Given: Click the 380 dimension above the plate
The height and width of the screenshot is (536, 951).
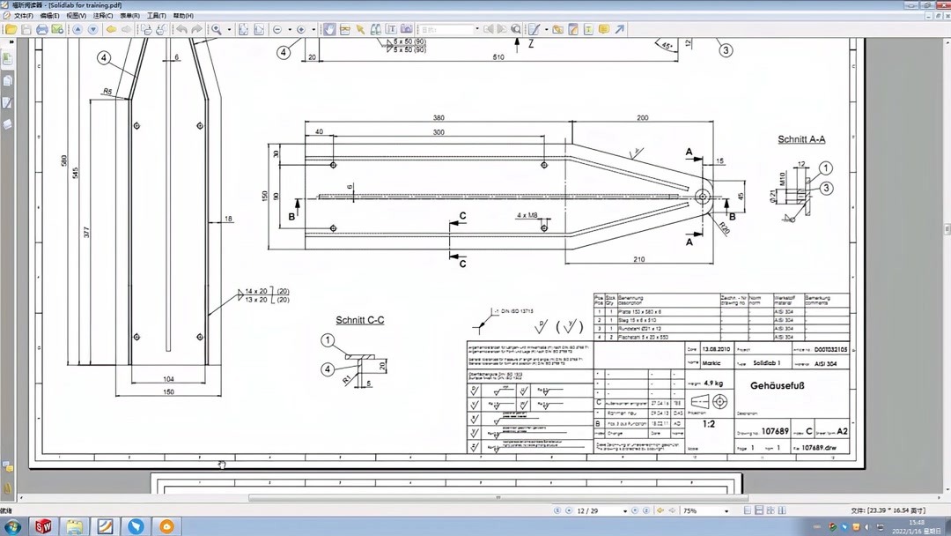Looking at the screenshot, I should click(439, 118).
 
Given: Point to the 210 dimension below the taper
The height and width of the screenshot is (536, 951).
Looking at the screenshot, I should click(638, 259).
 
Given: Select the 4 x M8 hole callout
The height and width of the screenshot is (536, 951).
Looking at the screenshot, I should click(528, 215).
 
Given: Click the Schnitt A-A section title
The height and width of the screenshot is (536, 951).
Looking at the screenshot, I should click(801, 139).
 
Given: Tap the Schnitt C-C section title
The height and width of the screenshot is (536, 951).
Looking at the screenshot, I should click(359, 320).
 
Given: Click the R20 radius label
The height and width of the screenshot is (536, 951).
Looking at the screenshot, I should click(724, 229).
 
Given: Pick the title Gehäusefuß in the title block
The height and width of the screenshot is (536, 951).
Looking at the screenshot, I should click(778, 385).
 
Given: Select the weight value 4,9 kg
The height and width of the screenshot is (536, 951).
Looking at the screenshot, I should click(714, 383).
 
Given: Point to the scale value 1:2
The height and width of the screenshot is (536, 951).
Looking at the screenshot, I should click(709, 424).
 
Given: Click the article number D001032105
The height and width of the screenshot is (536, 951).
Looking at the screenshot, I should click(830, 350).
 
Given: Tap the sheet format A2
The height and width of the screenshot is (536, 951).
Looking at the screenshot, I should click(842, 431).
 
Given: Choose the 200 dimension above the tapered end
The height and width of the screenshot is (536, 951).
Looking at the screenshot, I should click(642, 118).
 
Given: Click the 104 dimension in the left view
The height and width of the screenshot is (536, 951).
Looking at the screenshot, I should click(168, 379).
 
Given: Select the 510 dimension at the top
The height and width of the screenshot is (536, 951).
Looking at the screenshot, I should click(498, 57).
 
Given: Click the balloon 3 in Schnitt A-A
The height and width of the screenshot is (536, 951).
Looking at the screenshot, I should click(826, 188).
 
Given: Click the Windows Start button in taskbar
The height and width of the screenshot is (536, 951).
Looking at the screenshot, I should click(13, 526).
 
